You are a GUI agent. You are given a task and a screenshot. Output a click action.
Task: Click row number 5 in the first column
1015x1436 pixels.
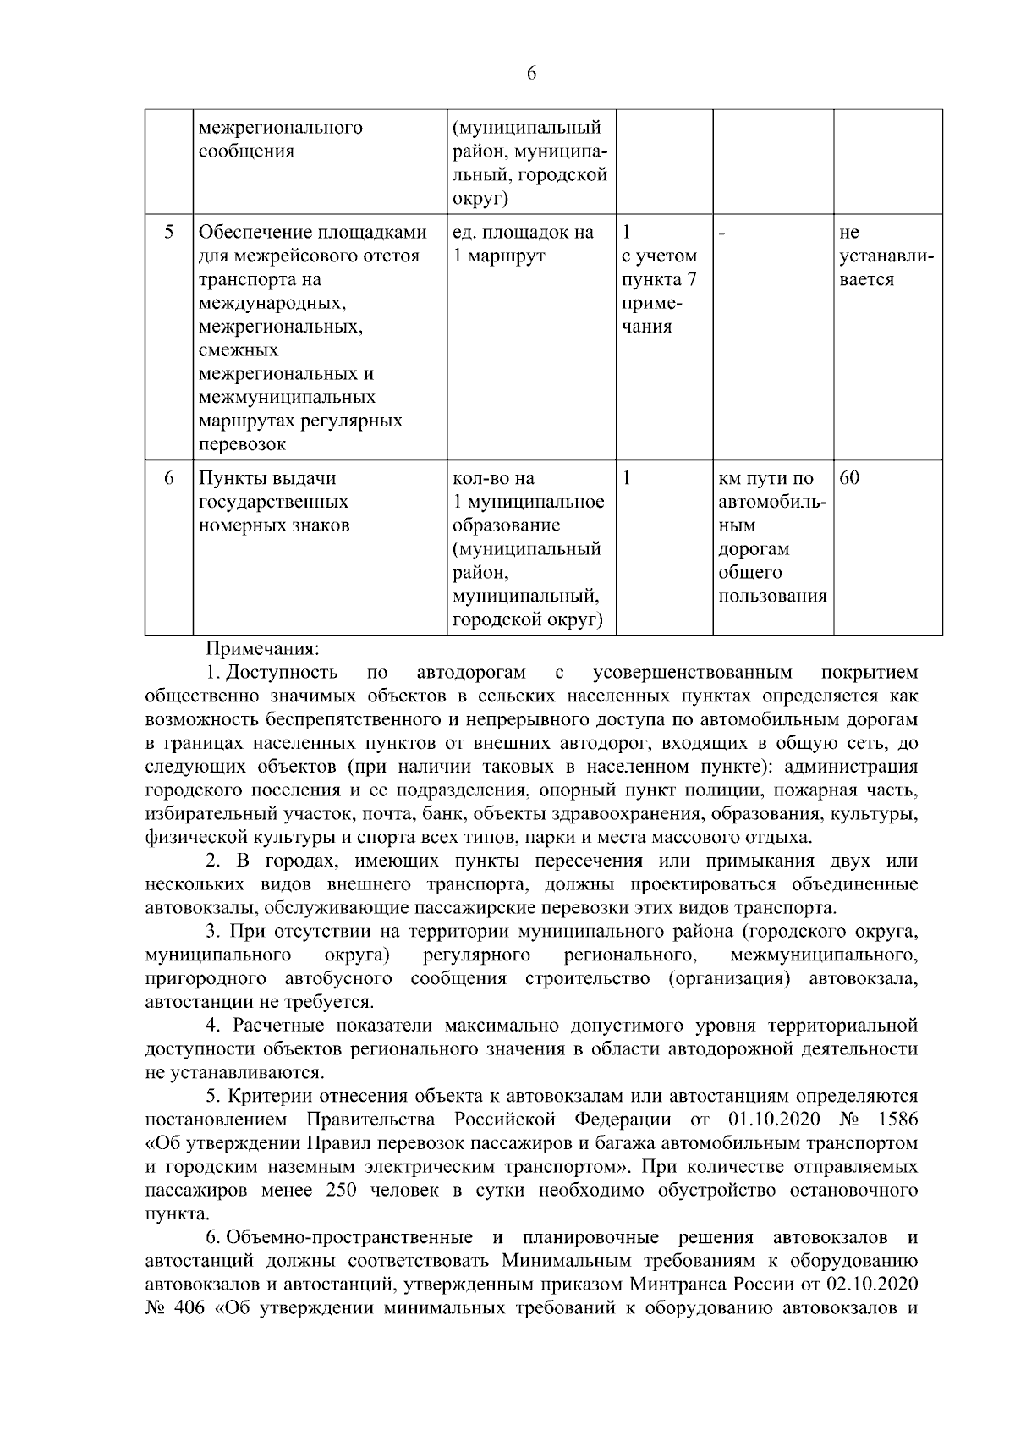tap(168, 232)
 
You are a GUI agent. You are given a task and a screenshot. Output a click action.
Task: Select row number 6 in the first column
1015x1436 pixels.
tap(168, 478)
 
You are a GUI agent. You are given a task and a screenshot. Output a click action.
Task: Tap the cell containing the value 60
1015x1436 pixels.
tap(849, 478)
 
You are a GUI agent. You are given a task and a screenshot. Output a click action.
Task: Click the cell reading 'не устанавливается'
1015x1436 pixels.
tap(886, 256)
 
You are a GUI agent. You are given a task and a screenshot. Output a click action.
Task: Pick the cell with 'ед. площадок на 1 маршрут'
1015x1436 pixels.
tap(523, 244)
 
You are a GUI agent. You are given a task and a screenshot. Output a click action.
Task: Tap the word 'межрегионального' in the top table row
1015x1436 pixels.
tap(280, 128)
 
